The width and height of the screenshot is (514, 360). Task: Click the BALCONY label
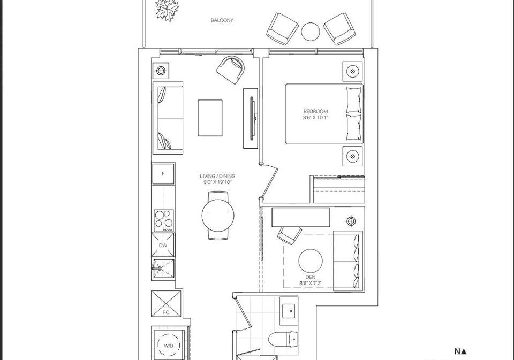[x=222, y=20]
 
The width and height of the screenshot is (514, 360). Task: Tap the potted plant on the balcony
[x=167, y=10]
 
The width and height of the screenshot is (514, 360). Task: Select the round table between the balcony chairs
[x=311, y=32]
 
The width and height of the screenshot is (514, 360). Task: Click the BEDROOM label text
[x=315, y=111]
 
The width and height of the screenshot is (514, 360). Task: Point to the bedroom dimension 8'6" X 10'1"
[x=315, y=118]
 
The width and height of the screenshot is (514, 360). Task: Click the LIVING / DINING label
[x=217, y=176]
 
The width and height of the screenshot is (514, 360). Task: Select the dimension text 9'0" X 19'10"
[x=217, y=182]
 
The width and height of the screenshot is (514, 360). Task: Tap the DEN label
[x=311, y=277]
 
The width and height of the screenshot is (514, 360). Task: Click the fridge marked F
[x=163, y=174]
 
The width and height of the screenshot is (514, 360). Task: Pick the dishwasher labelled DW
[x=163, y=245]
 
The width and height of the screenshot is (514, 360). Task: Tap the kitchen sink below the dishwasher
[x=163, y=269]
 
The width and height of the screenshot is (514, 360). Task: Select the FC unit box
[x=166, y=304]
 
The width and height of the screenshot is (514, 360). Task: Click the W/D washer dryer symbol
[x=169, y=345]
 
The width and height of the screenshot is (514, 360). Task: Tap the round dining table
[x=218, y=215]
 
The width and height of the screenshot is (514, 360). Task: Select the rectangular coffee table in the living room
[x=210, y=118]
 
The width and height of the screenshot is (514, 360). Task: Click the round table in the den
[x=311, y=261]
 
